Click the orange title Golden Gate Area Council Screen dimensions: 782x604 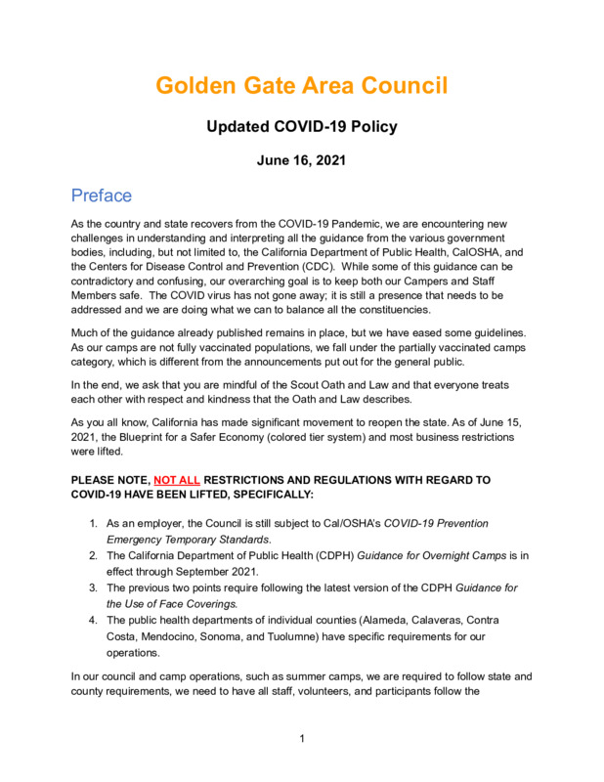click(301, 86)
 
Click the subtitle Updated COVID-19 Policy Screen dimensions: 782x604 click(301, 127)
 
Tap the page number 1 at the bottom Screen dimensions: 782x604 click(302, 739)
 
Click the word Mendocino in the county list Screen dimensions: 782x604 click(158, 636)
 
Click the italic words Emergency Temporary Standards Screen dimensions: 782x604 click(190, 540)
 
